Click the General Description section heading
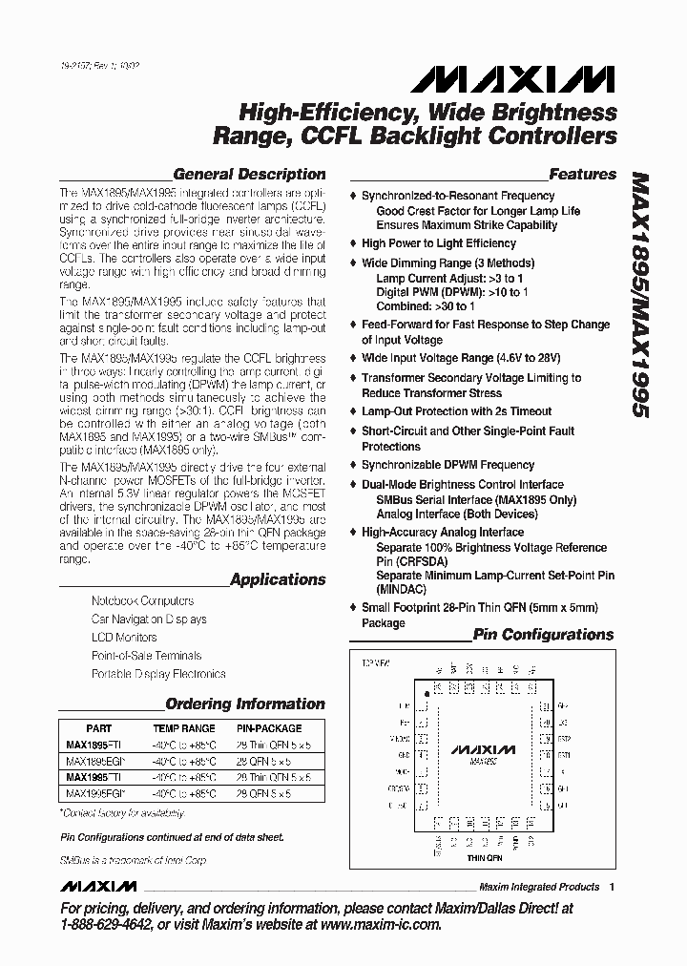249,175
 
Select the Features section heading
583,175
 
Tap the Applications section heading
278,579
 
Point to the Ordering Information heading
245,703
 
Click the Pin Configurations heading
543,635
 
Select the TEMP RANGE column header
184,727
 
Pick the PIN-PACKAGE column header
268,727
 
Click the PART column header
99,727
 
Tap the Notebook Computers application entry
142,601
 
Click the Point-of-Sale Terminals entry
146,656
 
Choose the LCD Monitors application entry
124,638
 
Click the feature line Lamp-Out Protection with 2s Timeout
456,411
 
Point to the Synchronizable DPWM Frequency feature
448,465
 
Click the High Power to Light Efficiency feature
438,243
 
